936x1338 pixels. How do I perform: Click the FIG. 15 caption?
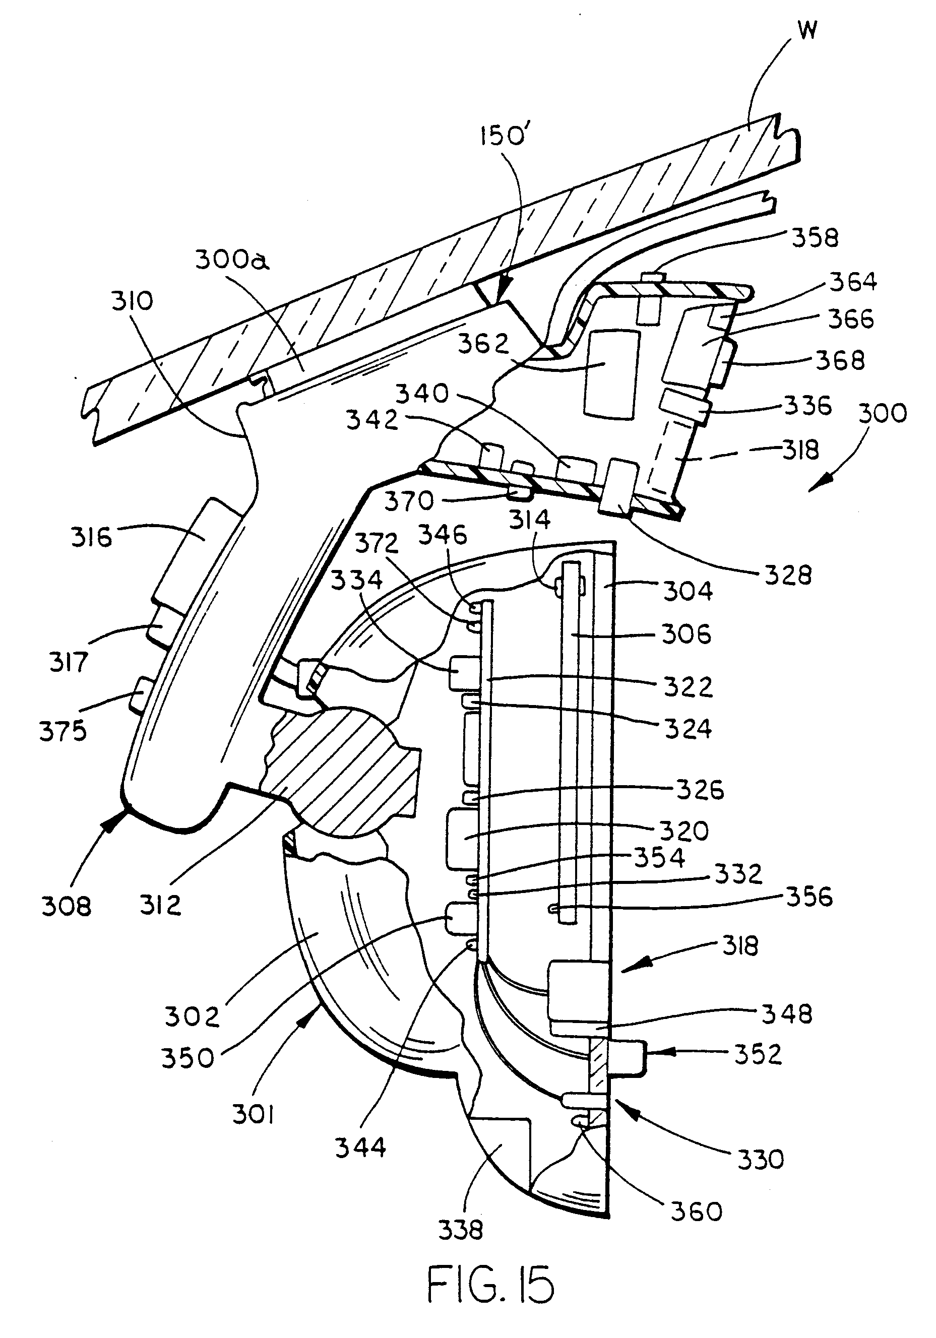[491, 1286]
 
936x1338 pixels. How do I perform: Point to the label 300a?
[232, 260]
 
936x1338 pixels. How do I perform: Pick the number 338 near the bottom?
[460, 1230]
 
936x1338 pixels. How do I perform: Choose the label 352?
[758, 1054]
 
